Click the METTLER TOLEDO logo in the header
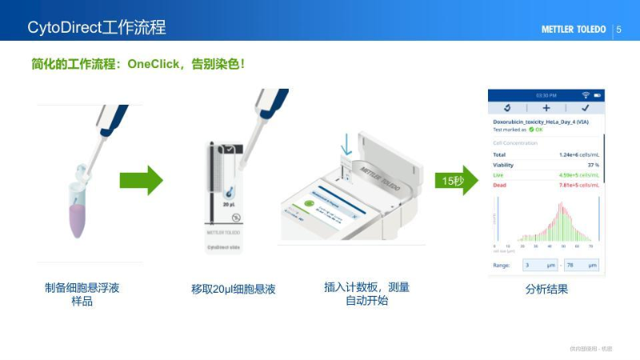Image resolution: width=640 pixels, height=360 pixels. click(574, 30)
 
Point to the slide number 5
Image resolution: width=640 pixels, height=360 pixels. click(618, 30)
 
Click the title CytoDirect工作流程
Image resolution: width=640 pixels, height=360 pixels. click(97, 27)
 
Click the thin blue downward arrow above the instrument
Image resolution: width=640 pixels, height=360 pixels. click(346, 146)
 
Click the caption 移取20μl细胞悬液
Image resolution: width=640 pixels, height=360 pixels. click(234, 289)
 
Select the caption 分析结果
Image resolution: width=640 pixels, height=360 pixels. click(546, 289)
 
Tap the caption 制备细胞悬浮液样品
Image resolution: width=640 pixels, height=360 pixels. click(82, 294)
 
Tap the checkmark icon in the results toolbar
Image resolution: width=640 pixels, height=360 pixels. click(585, 107)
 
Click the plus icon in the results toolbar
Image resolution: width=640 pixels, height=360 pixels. click(546, 107)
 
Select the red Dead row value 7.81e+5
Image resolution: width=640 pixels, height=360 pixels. click(578, 185)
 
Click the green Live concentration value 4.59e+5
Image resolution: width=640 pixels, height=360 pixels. click(578, 174)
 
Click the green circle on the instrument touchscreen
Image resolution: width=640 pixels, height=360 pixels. click(309, 204)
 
